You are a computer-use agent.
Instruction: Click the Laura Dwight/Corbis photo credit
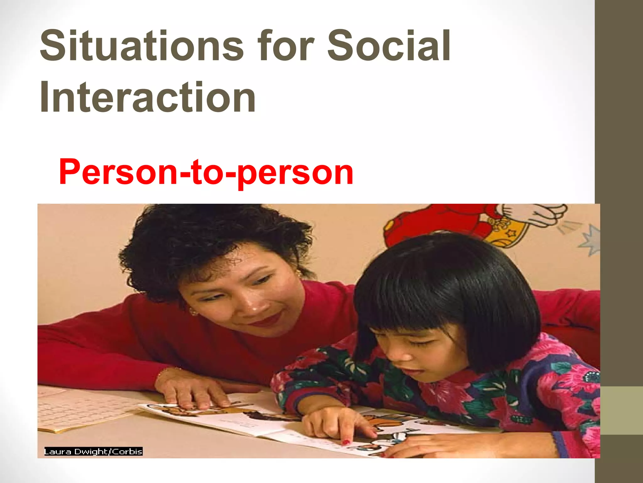[93, 452]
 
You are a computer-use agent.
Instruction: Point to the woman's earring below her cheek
[193, 312]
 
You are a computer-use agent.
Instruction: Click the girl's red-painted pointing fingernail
[346, 442]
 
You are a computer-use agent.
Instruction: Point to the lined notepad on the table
[85, 409]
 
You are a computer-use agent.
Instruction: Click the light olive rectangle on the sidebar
[619, 410]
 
